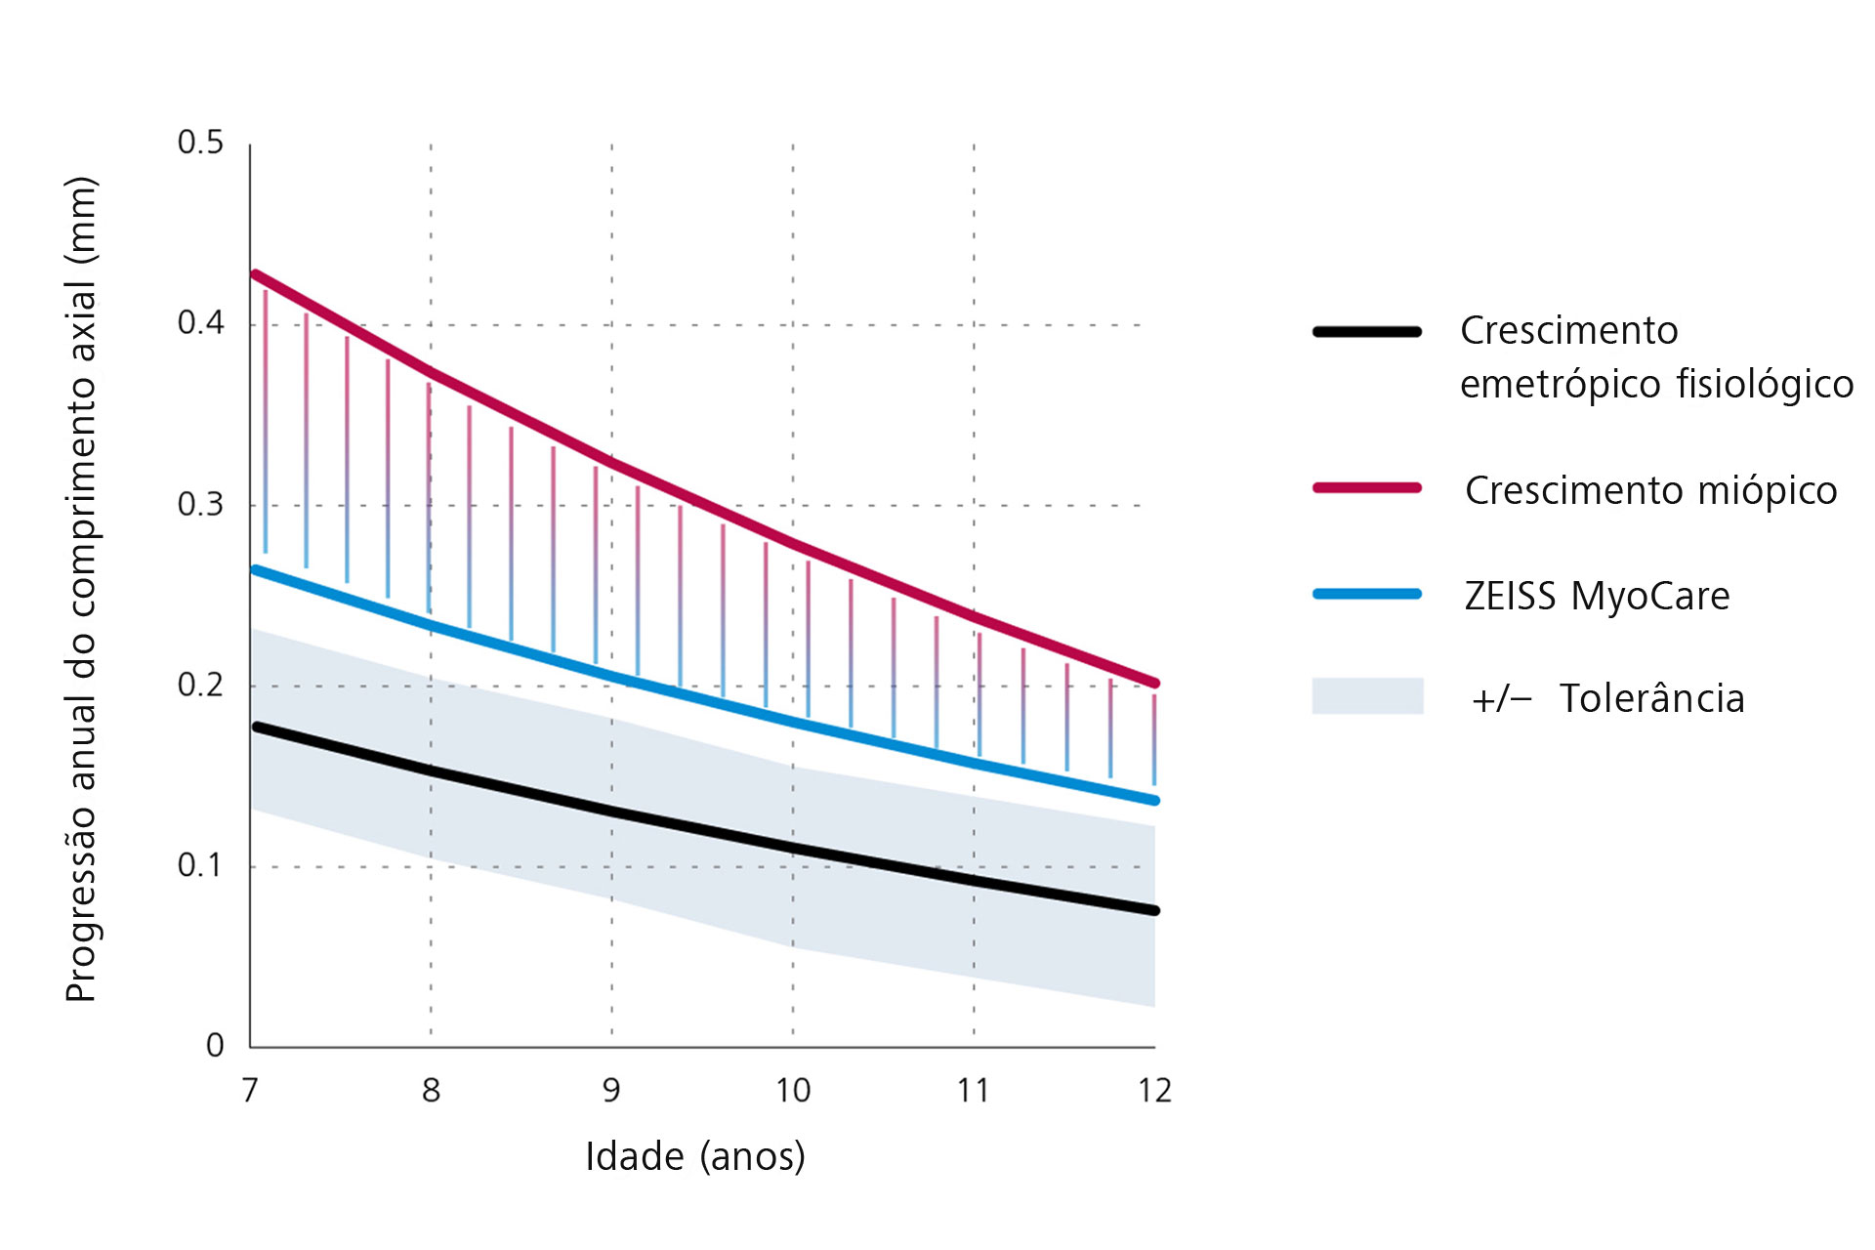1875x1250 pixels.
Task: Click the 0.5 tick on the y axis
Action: (200, 143)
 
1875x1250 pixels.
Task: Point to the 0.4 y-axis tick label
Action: (200, 323)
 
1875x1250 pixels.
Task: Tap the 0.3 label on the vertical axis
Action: (200, 505)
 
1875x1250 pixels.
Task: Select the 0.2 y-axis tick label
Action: (200, 685)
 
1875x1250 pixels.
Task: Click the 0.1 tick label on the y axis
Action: (200, 865)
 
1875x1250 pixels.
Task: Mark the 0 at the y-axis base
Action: (215, 1046)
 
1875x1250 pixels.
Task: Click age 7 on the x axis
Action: (250, 1090)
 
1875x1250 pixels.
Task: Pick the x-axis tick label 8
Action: (431, 1090)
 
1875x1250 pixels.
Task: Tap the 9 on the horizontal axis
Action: (611, 1090)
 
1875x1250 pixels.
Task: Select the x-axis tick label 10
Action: (793, 1090)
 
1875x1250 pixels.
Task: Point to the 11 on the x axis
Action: (974, 1090)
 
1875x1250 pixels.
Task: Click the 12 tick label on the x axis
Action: (1154, 1090)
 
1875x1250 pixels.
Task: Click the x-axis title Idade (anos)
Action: (695, 1156)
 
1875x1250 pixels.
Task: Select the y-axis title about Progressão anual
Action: (82, 589)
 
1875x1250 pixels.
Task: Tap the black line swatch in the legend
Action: (1366, 332)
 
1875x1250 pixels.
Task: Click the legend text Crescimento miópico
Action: (1650, 490)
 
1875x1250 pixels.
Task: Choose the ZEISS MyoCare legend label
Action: (1597, 596)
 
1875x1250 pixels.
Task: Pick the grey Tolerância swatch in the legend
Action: (1366, 696)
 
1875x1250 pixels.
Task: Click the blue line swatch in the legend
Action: (1366, 594)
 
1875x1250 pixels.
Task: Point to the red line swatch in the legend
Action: (1366, 487)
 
